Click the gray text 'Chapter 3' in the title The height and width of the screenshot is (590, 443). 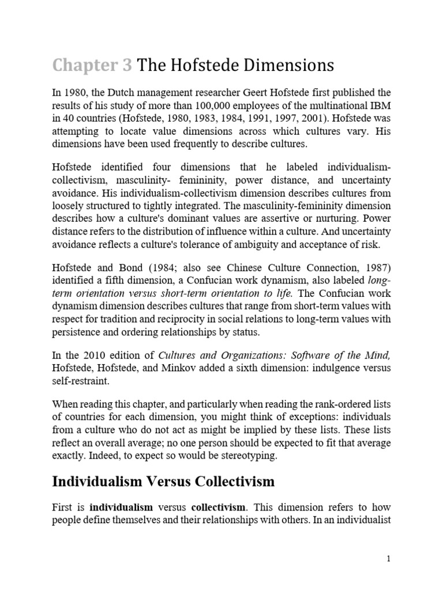[x=92, y=66]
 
